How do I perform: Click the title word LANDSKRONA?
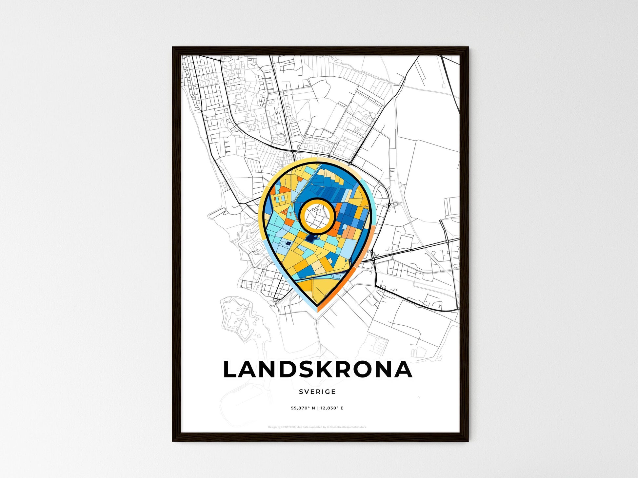[x=317, y=370]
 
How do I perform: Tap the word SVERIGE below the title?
[x=317, y=392]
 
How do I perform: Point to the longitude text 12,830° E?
[x=332, y=408]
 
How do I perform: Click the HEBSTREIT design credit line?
[x=317, y=427]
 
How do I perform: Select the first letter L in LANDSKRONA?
[x=230, y=370]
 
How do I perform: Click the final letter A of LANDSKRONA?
[x=404, y=370]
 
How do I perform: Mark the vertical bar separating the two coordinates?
[x=318, y=408]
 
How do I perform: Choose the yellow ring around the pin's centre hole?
[x=317, y=201]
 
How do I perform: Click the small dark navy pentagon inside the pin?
[x=288, y=243]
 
